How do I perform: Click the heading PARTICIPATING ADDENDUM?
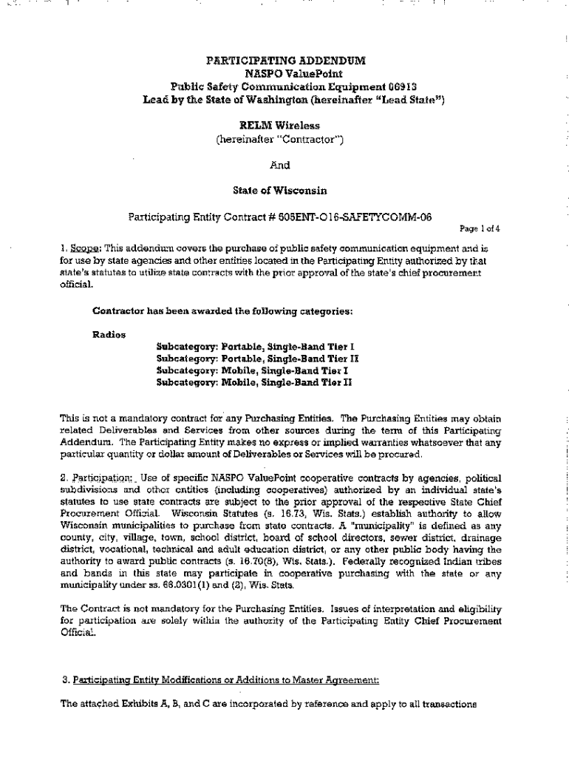click(285, 60)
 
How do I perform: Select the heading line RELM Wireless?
click(284, 126)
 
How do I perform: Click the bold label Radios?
click(109, 334)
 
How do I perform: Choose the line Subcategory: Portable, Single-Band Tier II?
click(257, 358)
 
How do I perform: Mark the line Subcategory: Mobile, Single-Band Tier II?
click(253, 382)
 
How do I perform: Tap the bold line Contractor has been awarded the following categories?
click(222, 310)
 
